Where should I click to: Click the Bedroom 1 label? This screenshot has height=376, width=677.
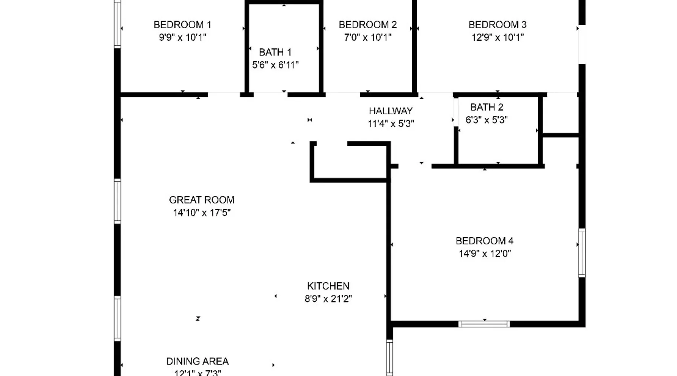pyautogui.click(x=182, y=25)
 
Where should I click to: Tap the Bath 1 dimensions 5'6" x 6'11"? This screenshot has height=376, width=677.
pyautogui.click(x=275, y=65)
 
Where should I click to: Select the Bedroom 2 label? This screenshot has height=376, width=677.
pyautogui.click(x=368, y=25)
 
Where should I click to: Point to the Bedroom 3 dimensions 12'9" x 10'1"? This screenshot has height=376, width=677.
pyautogui.click(x=498, y=38)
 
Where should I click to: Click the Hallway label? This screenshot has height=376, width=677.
pyautogui.click(x=391, y=111)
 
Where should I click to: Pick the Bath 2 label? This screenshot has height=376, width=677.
pyautogui.click(x=487, y=107)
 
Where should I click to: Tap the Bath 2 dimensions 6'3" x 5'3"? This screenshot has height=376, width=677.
pyautogui.click(x=487, y=120)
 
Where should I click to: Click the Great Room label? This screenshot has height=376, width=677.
pyautogui.click(x=202, y=200)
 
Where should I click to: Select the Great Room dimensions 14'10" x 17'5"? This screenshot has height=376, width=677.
pyautogui.click(x=202, y=213)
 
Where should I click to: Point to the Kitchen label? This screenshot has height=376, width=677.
pyautogui.click(x=328, y=286)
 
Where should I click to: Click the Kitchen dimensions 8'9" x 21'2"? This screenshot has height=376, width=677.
pyautogui.click(x=328, y=299)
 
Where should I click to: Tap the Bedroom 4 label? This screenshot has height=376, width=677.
pyautogui.click(x=484, y=241)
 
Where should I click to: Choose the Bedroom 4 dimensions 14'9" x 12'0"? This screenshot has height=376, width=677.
pyautogui.click(x=485, y=254)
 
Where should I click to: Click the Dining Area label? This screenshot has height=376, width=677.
pyautogui.click(x=197, y=361)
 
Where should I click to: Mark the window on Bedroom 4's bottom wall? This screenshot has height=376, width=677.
pyautogui.click(x=484, y=324)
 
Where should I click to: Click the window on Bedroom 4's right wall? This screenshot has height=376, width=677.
pyautogui.click(x=582, y=253)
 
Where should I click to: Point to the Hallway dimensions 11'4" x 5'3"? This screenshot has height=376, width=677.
pyautogui.click(x=391, y=124)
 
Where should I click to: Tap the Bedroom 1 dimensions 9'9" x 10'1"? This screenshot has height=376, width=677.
pyautogui.click(x=182, y=38)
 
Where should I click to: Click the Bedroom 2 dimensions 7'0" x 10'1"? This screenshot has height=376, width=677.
pyautogui.click(x=368, y=38)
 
